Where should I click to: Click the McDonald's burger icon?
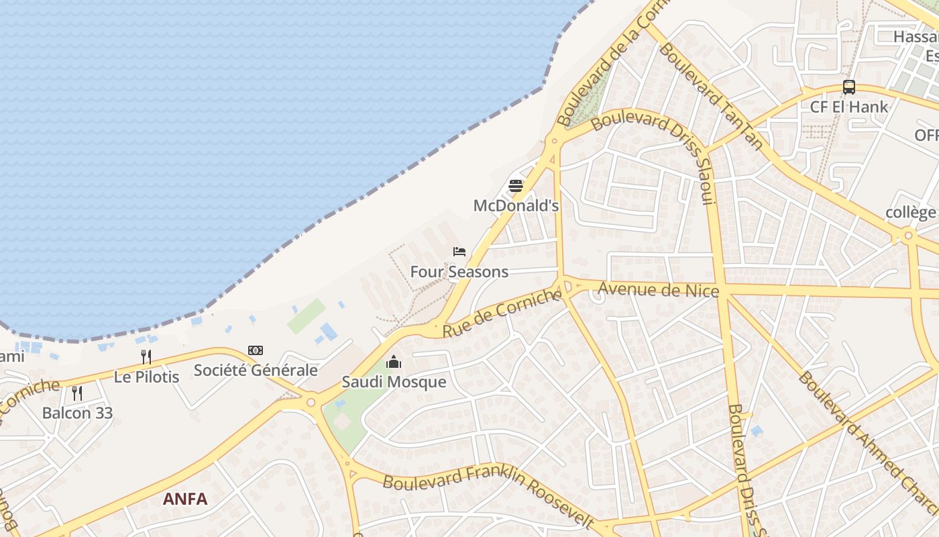515,186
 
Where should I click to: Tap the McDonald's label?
516,205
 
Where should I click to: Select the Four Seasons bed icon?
459,252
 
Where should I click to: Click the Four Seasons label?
459,272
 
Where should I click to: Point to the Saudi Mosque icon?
394,362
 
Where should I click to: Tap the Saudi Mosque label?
394,382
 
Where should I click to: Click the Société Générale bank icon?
256,350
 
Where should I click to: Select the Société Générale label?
256,370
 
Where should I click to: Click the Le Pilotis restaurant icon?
146,357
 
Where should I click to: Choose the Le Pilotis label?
146,377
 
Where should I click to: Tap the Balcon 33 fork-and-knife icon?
77,393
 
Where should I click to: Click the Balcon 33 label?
77,412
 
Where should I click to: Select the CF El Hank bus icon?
849,87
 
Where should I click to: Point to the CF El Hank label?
849,107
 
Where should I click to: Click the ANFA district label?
185,499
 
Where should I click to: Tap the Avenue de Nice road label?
658,289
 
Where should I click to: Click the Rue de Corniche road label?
502,313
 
